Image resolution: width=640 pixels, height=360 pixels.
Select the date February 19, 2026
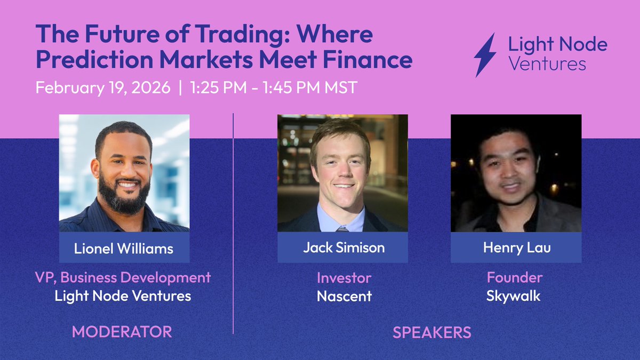point(103,87)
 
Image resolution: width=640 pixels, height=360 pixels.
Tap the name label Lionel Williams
point(124,248)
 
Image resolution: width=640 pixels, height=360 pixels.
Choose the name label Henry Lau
point(516,248)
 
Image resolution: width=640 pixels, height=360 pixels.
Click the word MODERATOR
point(122,332)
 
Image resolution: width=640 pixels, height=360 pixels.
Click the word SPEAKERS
point(432,332)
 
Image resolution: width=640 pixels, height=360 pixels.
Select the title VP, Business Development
point(123,277)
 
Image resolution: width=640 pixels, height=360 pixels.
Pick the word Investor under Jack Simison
point(343,278)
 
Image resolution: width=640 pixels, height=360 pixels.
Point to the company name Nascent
point(343,296)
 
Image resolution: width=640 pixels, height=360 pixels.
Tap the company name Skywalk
point(513,296)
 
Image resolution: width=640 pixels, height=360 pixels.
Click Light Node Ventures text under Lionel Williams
point(123,296)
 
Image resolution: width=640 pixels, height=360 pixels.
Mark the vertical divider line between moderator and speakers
point(234,224)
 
